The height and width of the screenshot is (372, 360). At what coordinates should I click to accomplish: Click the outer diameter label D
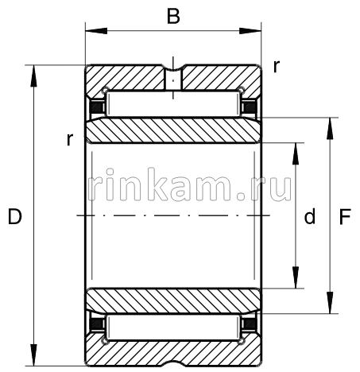(14, 216)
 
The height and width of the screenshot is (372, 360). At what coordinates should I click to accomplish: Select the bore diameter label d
(311, 216)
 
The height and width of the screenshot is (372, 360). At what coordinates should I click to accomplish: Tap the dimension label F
(345, 216)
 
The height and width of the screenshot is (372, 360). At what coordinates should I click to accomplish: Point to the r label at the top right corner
(276, 67)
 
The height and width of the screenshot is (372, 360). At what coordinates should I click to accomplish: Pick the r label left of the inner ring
(70, 140)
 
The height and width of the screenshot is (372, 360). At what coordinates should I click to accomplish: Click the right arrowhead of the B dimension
(254, 32)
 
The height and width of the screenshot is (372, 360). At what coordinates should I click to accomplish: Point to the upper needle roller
(172, 104)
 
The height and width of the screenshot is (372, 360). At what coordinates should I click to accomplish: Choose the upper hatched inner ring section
(172, 130)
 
